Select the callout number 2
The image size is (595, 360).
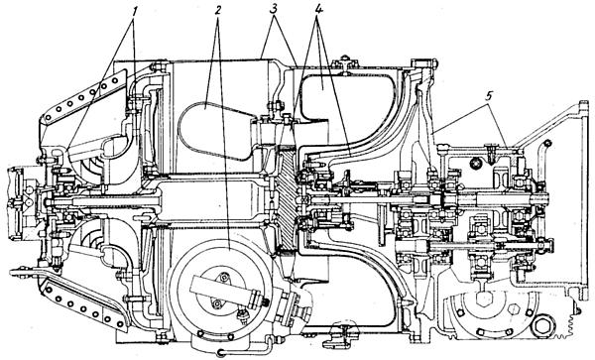coord(217,10)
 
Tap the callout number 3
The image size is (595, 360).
coord(274,10)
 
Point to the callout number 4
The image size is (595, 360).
coord(318,10)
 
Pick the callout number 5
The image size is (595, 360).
coord(489,96)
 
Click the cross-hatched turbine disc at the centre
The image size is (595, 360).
coord(287,197)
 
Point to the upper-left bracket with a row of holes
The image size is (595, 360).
coord(82,98)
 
